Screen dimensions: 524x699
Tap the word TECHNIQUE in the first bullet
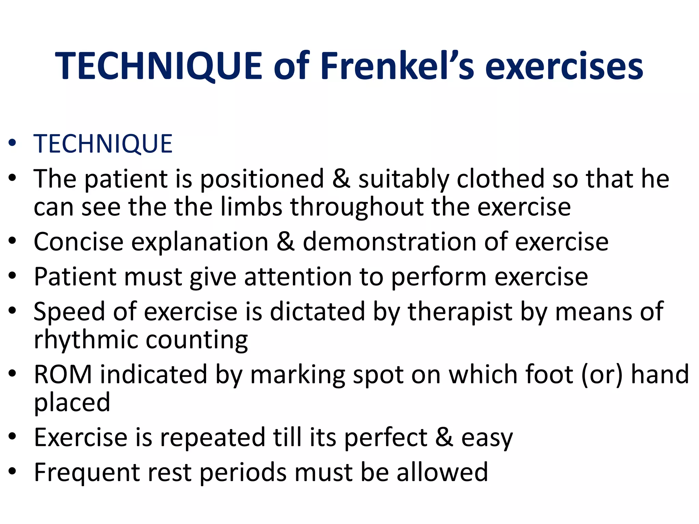[x=103, y=144]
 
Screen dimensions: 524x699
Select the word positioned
[x=262, y=179]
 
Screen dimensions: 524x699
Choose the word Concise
[x=79, y=242]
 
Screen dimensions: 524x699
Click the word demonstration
[x=389, y=242]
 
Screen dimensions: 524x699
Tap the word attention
[x=298, y=277]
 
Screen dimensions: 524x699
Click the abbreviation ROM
[x=63, y=375]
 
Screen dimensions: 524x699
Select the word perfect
[x=386, y=438]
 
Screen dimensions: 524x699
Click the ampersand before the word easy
[x=444, y=438]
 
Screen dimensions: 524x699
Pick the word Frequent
[x=87, y=473]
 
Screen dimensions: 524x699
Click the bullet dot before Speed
[x=13, y=311]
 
